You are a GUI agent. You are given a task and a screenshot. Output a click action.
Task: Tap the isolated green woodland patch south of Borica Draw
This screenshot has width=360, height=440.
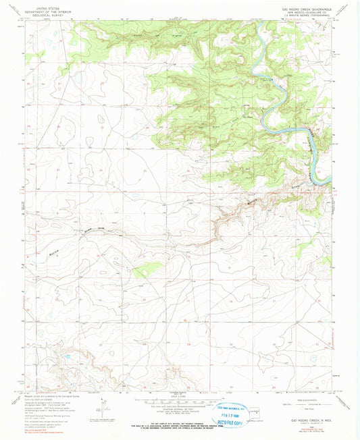click(140, 271)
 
